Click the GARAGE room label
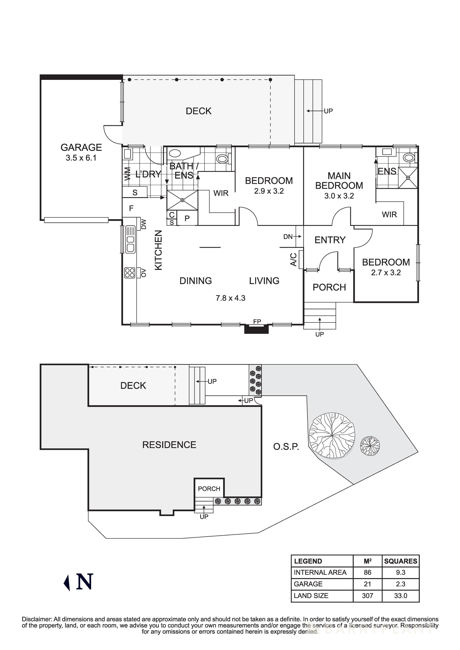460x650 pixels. pyautogui.click(x=81, y=147)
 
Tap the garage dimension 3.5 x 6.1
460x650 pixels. pyautogui.click(x=81, y=158)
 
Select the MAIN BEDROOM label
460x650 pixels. pyautogui.click(x=339, y=181)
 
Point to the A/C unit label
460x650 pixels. pyautogui.click(x=294, y=259)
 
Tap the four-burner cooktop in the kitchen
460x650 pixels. pyautogui.click(x=130, y=273)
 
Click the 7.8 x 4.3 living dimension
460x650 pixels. pyautogui.click(x=230, y=298)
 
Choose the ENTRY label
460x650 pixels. pyautogui.click(x=330, y=240)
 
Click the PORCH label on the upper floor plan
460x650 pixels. pyautogui.click(x=329, y=287)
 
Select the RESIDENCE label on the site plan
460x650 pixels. pyautogui.click(x=169, y=445)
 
